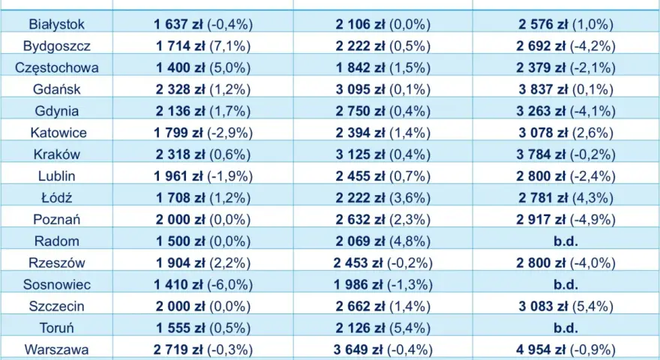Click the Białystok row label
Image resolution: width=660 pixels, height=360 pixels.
[56, 25]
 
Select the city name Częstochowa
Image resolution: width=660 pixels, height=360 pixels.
[56, 67]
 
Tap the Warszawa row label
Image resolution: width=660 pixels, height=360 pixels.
[56, 349]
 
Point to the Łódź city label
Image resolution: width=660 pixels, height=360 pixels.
[56, 197]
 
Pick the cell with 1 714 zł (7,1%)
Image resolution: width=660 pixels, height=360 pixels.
[203, 46]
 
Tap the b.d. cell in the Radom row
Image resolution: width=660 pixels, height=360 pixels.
[565, 241]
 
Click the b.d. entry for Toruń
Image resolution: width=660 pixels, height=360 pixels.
[565, 328]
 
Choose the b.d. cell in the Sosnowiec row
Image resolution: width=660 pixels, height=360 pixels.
[565, 285]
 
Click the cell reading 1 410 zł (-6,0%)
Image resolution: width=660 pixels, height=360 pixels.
[203, 285]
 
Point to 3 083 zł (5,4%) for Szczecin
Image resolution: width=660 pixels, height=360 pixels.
[565, 306]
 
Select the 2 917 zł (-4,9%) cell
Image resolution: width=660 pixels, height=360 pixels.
[565, 219]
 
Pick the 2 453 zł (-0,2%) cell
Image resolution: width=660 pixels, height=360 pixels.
[383, 262]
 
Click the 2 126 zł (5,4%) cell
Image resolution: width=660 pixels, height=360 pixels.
[383, 328]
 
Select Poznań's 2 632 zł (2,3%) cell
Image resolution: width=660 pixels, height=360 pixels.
[383, 219]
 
